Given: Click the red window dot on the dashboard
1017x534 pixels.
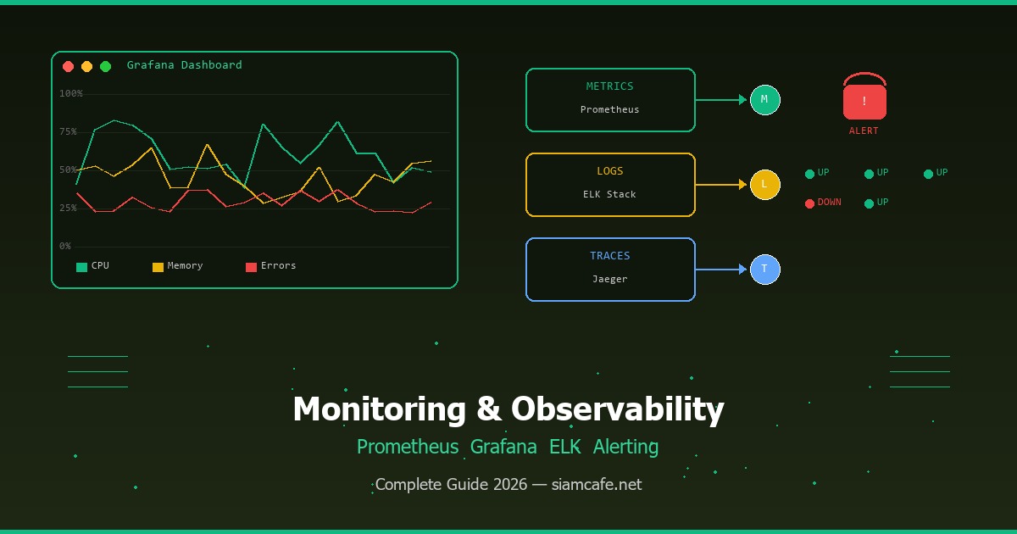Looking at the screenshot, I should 68,66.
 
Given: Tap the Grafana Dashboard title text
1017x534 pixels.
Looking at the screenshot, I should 184,65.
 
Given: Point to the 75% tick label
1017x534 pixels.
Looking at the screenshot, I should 68,131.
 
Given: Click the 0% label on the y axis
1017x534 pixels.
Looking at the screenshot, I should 65,246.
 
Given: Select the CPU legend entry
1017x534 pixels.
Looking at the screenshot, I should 92,266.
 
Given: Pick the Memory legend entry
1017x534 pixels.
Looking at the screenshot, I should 177,266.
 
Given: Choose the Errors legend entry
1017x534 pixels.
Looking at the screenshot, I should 270,266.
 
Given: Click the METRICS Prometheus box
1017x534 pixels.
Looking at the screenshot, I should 610,100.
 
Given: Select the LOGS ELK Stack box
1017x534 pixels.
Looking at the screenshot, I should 610,185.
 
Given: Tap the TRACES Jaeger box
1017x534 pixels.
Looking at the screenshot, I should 610,270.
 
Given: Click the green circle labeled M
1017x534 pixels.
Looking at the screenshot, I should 764,100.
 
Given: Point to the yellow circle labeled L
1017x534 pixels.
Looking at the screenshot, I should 764,185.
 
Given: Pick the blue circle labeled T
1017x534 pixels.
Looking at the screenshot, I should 764,270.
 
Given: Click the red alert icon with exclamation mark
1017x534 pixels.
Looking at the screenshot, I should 864,101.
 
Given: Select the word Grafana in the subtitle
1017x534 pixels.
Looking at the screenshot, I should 503,447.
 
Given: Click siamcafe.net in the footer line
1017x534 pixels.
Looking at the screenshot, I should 597,485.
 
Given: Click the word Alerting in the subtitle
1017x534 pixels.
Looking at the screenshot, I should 625,447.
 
